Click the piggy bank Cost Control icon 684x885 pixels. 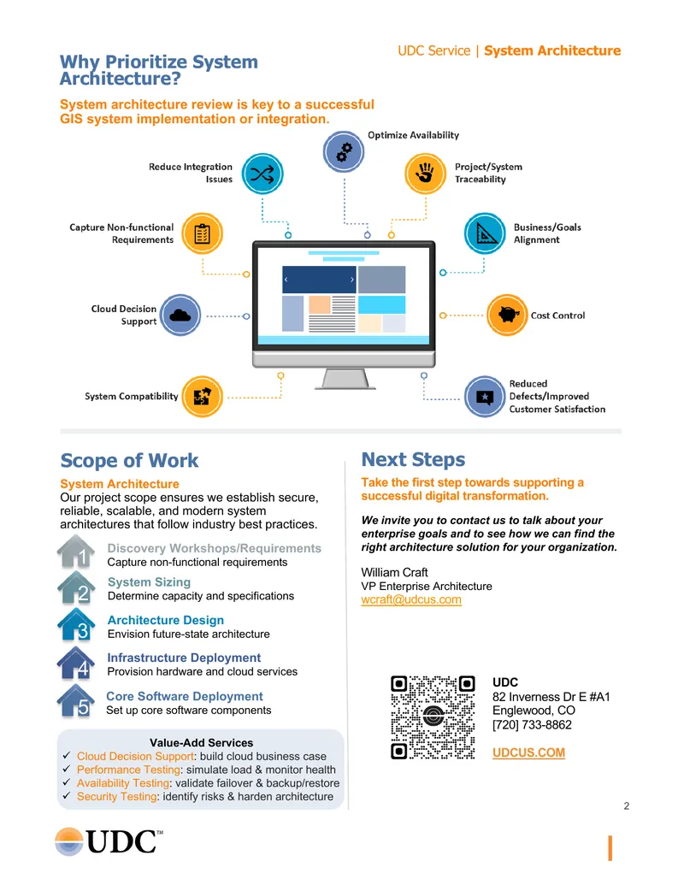tap(507, 315)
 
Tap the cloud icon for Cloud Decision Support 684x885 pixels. tap(180, 315)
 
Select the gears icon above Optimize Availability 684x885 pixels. tap(344, 151)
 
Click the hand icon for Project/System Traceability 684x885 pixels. tap(426, 174)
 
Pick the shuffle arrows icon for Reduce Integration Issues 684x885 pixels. tap(262, 174)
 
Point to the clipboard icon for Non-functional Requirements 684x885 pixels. tap(202, 233)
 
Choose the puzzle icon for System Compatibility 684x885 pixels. tap(202, 397)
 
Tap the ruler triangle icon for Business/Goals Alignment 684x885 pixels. tap(485, 233)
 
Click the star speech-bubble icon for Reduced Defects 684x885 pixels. tap(485, 397)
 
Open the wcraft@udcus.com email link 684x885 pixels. tap(411, 599)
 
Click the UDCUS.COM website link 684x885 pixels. tap(528, 752)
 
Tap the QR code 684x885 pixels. tap(433, 717)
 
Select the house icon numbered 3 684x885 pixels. tap(76, 625)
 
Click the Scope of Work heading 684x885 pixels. tap(129, 460)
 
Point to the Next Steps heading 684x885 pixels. tap(413, 459)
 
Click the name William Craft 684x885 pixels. tap(394, 572)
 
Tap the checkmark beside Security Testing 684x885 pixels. tap(67, 795)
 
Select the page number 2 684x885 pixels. tap(627, 806)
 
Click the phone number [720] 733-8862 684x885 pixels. tap(532, 725)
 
